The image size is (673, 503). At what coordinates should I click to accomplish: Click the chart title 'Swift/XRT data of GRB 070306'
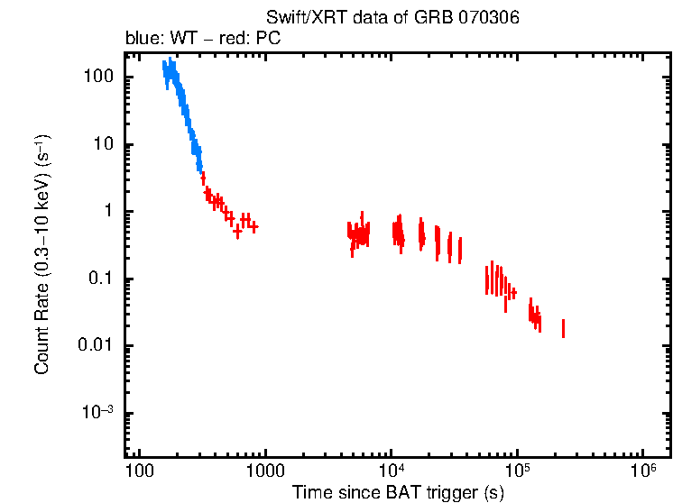coord(392,18)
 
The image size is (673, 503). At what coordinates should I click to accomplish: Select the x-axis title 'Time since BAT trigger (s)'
coord(398,493)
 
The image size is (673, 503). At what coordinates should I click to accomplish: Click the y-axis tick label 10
coord(103,145)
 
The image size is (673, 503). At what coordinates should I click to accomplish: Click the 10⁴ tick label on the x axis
coord(392,472)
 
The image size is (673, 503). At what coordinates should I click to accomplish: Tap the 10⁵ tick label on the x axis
coord(518,472)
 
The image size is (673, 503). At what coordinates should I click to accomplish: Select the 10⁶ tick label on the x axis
coord(643,472)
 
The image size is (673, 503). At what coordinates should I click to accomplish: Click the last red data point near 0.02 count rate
coord(563,328)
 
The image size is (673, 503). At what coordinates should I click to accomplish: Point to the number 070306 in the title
coord(489,18)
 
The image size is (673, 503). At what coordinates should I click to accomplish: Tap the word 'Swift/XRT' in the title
coord(298,18)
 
